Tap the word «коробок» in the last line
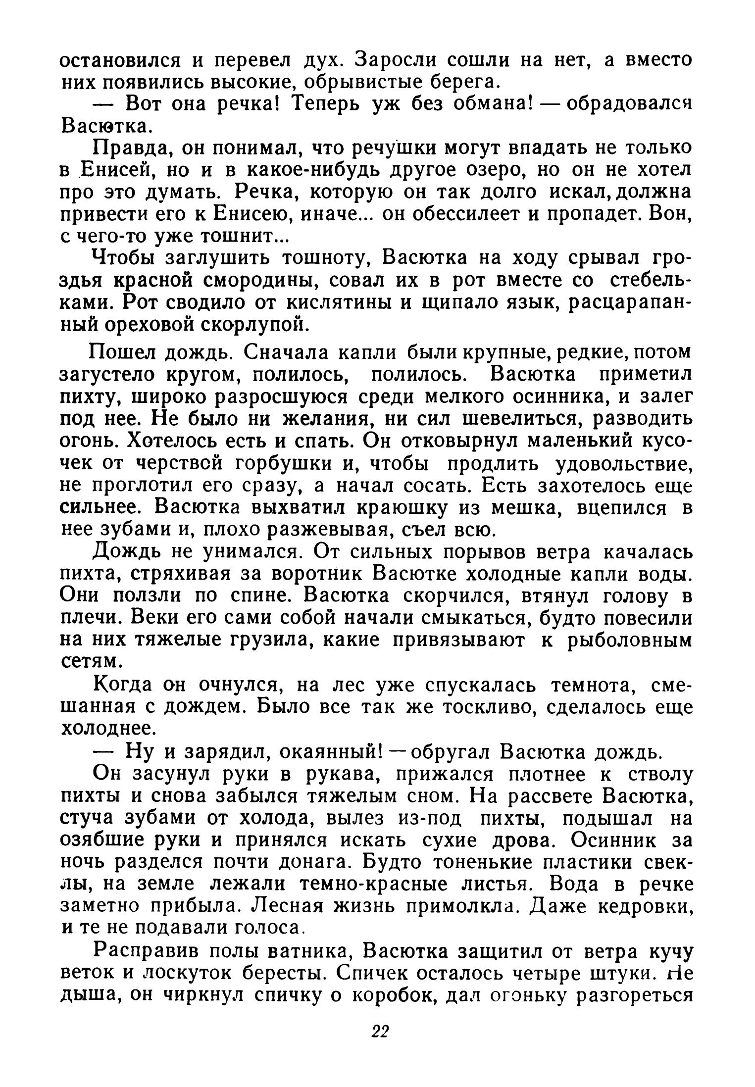391,996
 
